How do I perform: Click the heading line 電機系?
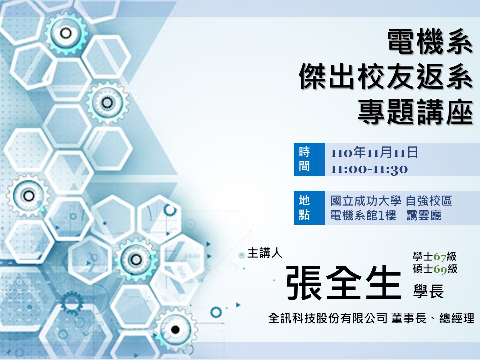tap(430, 42)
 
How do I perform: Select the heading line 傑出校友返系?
tap(386, 77)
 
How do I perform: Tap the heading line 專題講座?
tap(415, 111)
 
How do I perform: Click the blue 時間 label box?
tap(309, 160)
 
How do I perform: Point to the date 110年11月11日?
tap(374, 152)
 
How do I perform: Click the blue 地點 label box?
tap(309, 208)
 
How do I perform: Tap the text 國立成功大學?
tap(366, 201)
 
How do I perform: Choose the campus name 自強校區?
tap(429, 201)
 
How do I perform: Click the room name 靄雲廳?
tap(424, 216)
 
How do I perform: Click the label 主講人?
tap(265, 253)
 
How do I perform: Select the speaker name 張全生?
tap(344, 282)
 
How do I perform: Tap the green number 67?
tap(440, 256)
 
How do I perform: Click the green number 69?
tap(440, 269)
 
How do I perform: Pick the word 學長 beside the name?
tap(428, 291)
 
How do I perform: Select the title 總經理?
tap(457, 318)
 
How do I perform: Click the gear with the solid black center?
tap(175, 329)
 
